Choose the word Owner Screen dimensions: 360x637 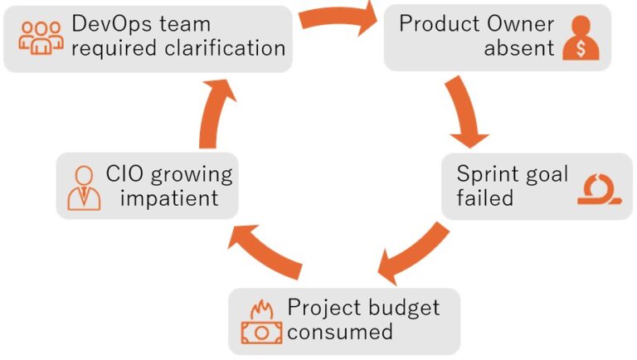[518, 23]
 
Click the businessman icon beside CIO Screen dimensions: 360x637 [83, 187]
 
